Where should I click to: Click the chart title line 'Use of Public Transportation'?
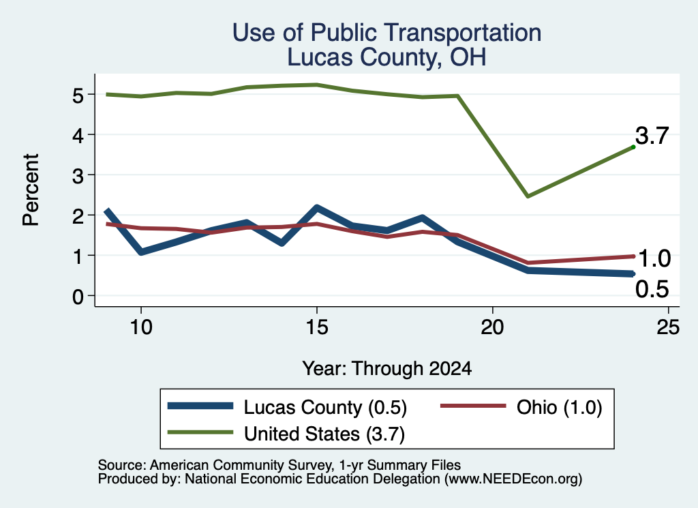point(387,33)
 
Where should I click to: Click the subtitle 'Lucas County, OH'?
point(387,57)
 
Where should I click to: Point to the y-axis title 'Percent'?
point(31,190)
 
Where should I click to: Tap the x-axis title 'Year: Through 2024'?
point(387,369)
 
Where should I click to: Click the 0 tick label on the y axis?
point(78,297)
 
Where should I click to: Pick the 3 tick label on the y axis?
point(78,176)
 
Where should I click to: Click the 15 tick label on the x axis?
point(317,328)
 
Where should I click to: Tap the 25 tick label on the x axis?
point(668,328)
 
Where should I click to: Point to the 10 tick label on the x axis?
point(141,328)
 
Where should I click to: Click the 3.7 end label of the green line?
point(652,135)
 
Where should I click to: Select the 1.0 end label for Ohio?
point(654,258)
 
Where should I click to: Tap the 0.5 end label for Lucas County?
point(652,289)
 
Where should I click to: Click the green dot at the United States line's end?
point(633,147)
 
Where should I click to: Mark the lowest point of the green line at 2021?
point(528,196)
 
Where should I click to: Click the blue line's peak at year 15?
point(317,208)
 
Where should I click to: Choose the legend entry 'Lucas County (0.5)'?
point(287,407)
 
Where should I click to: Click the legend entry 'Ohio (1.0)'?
point(521,407)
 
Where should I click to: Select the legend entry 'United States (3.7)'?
point(286,434)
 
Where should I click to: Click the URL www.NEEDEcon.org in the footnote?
point(513,479)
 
